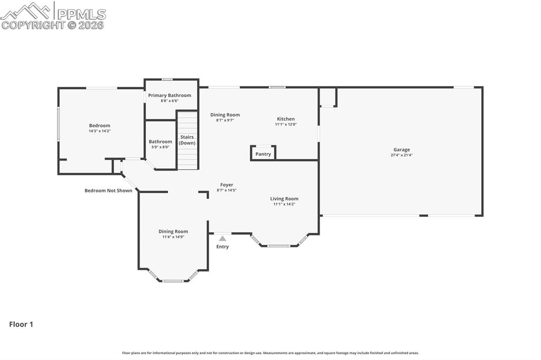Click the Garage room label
(401, 149)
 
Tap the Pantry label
(263, 154)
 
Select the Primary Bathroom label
(170, 96)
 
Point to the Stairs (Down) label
(187, 140)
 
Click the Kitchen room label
(286, 119)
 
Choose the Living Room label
(284, 198)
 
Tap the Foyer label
(227, 185)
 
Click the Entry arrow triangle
(222, 239)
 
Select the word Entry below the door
(222, 247)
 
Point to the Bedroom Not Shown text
(108, 191)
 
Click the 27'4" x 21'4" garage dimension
(402, 155)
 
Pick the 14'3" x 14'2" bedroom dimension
(99, 131)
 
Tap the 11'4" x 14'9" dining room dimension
(173, 237)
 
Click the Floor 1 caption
(21, 325)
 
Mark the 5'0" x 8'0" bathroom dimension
(160, 147)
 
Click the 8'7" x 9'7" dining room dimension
(225, 120)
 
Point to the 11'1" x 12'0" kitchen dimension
(286, 125)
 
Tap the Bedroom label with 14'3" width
(99, 126)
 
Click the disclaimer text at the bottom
(270, 353)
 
